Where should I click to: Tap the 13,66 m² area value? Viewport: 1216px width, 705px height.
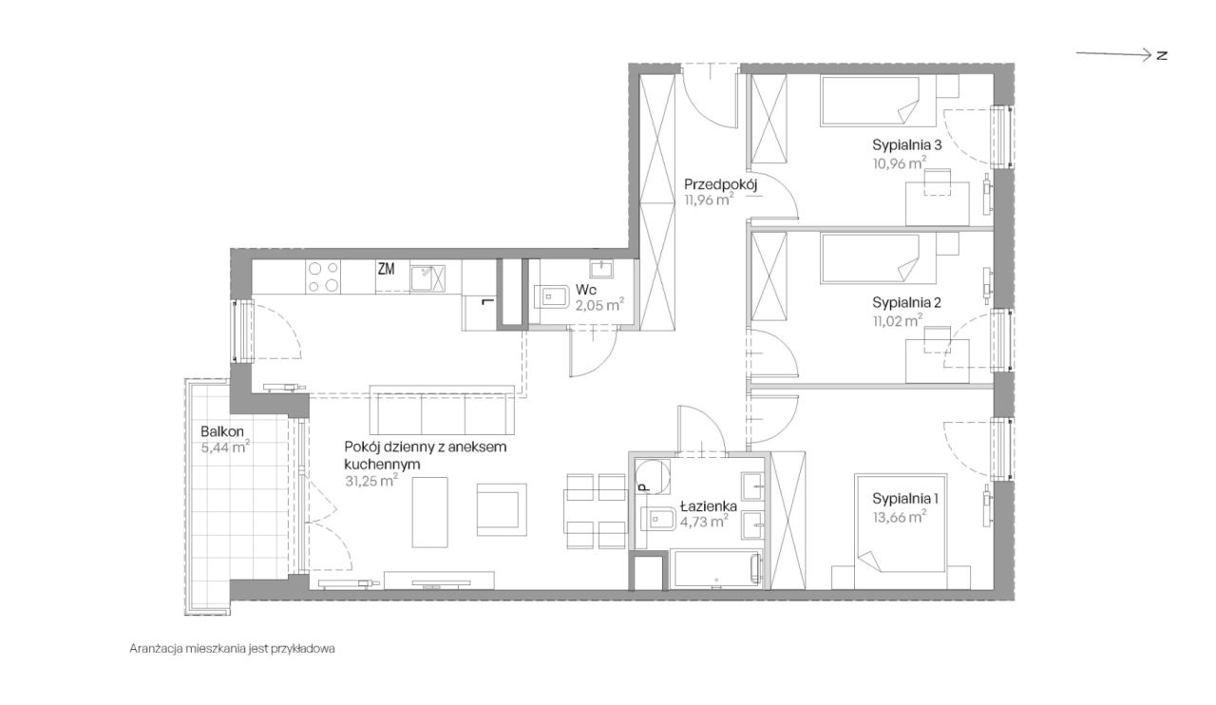pyautogui.click(x=899, y=517)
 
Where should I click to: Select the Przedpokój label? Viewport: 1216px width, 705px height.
pyautogui.click(x=720, y=184)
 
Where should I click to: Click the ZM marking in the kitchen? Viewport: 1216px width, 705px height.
pyautogui.click(x=386, y=269)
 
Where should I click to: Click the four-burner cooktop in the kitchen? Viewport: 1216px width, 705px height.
pyautogui.click(x=323, y=277)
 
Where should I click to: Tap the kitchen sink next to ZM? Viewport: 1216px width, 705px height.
pyautogui.click(x=427, y=278)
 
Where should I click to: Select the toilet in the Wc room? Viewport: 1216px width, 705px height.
pyautogui.click(x=551, y=296)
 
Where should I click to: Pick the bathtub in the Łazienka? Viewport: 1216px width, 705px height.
pyautogui.click(x=715, y=569)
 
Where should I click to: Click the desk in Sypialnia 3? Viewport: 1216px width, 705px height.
pyautogui.click(x=937, y=203)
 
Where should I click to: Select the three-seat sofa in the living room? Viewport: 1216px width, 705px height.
pyautogui.click(x=442, y=410)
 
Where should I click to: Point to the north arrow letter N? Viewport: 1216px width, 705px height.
pyautogui.click(x=1162, y=55)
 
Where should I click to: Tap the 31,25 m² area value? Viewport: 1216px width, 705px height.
pyautogui.click(x=371, y=481)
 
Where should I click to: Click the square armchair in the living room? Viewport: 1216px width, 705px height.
pyautogui.click(x=502, y=509)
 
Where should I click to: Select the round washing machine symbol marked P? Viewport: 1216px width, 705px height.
pyautogui.click(x=652, y=476)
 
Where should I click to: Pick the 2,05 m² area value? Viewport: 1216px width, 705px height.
pyautogui.click(x=599, y=305)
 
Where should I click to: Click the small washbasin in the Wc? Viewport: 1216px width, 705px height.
pyautogui.click(x=601, y=268)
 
